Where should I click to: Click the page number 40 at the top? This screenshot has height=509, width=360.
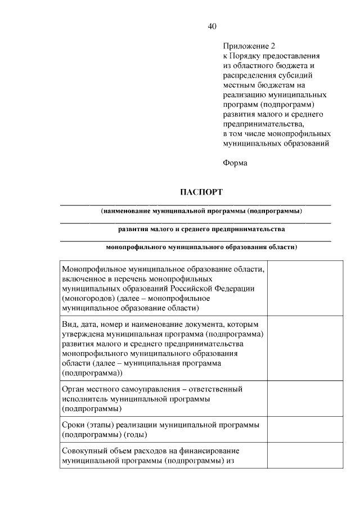coord(212,26)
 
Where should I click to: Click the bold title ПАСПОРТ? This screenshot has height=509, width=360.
coord(201,192)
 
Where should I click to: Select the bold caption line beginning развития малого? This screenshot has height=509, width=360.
coord(201,229)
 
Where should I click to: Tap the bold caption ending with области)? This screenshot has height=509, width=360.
coord(201,247)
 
